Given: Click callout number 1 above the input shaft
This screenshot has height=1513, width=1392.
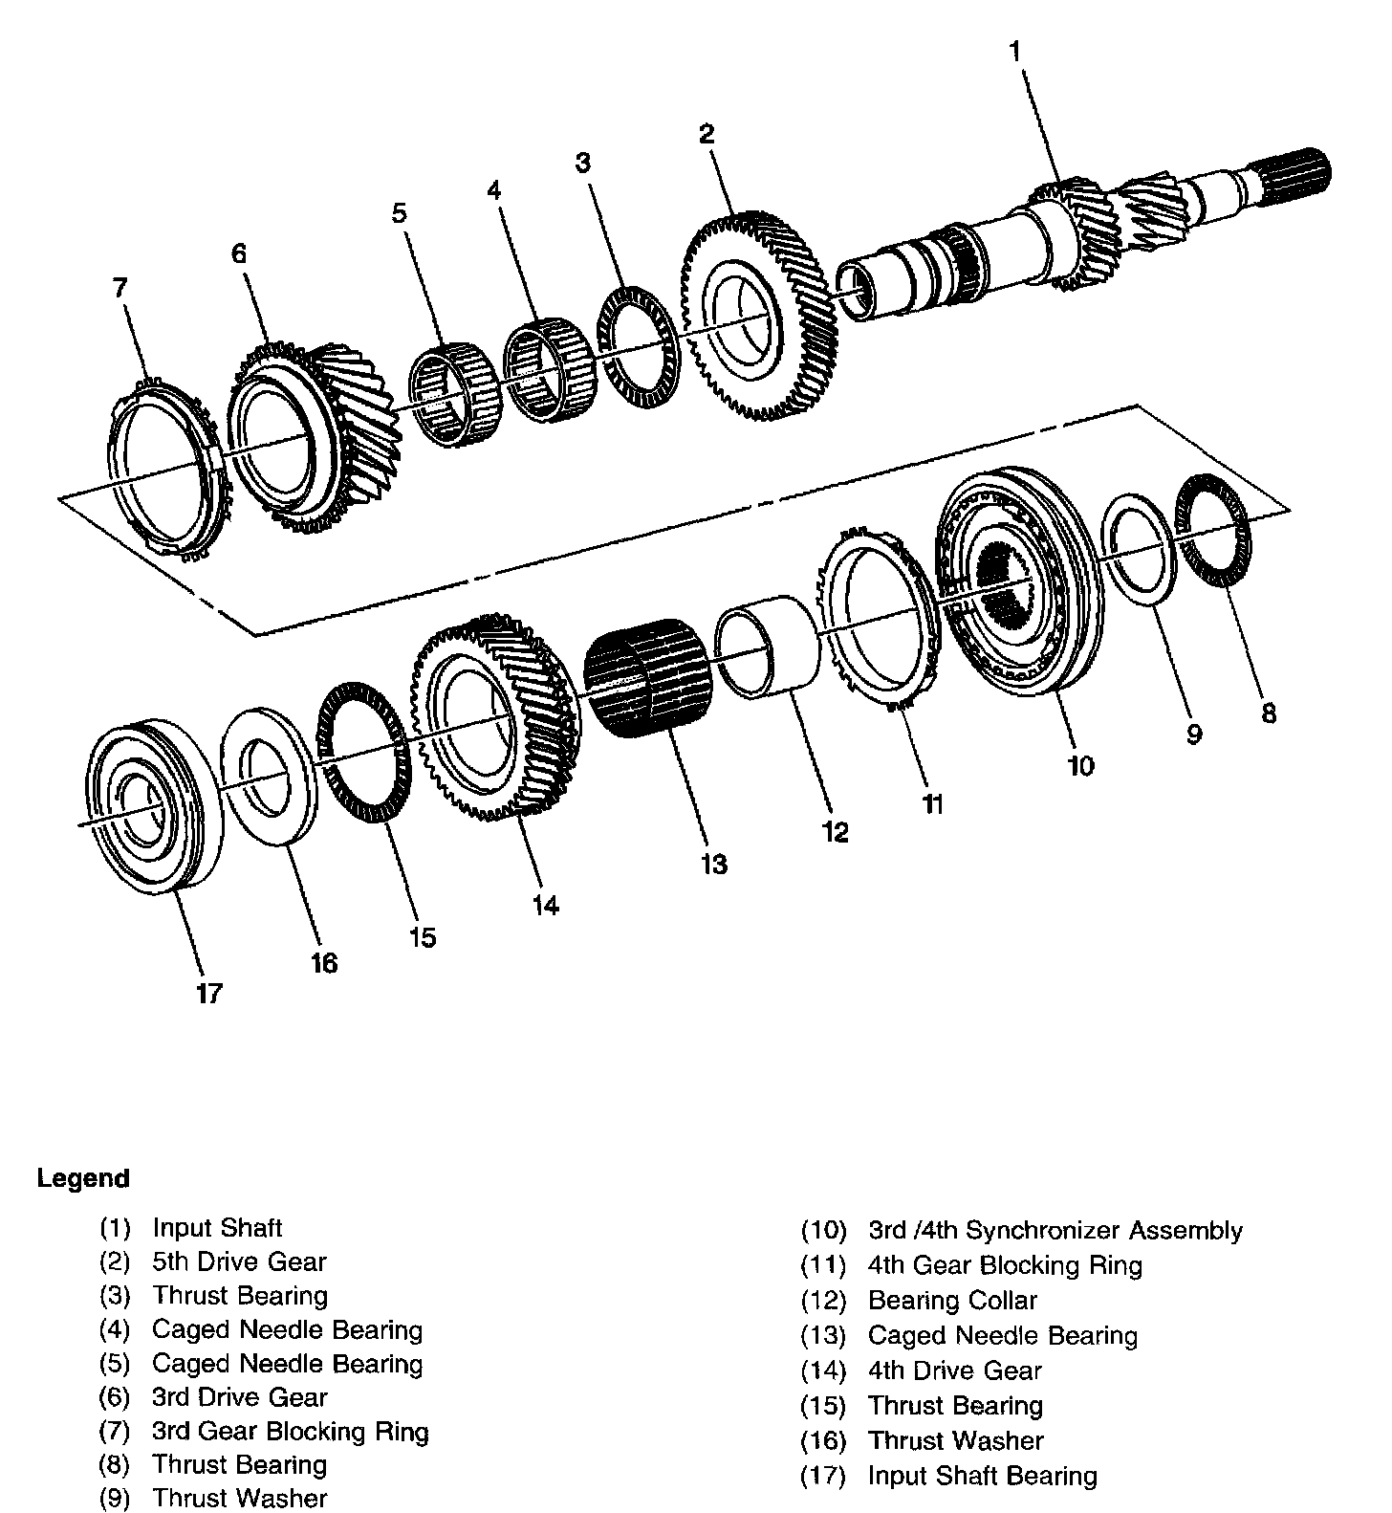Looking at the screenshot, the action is tap(1015, 52).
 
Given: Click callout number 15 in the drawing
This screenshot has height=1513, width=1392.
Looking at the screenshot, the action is tap(422, 937).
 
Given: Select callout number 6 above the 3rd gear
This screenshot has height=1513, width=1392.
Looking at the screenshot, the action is tap(238, 253).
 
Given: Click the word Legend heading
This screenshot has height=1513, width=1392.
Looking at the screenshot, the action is tap(83, 1179).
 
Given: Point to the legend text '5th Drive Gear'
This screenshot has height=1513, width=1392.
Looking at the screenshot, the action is tap(239, 1262).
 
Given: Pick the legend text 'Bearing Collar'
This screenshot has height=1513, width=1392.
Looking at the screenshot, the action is tap(952, 1301).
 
